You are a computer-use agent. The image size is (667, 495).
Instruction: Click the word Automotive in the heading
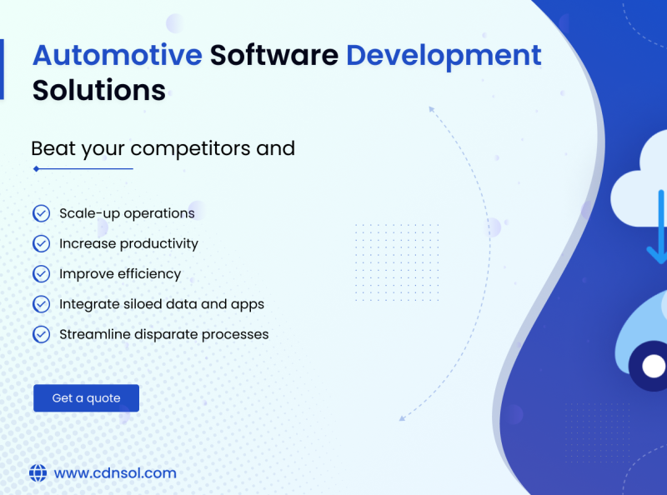click(117, 56)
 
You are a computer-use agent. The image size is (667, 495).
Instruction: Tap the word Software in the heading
click(273, 56)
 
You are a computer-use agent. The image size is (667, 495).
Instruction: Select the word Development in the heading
click(444, 56)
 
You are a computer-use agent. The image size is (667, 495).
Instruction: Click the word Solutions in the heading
click(98, 89)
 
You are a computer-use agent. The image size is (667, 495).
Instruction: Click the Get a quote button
click(86, 398)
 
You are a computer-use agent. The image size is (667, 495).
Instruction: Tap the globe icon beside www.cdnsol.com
click(38, 473)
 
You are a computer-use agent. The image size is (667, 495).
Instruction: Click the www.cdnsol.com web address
click(115, 473)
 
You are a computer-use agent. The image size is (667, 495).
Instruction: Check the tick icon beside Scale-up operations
click(41, 213)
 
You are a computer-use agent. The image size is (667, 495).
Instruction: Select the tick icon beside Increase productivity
click(41, 243)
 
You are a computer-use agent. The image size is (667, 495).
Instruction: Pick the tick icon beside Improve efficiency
click(41, 273)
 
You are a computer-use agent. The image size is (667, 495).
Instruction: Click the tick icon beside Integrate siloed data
click(41, 304)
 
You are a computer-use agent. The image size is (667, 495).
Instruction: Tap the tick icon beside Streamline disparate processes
click(41, 334)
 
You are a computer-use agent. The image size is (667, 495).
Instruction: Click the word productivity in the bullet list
click(158, 244)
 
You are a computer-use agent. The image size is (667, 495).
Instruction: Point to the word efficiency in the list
click(149, 274)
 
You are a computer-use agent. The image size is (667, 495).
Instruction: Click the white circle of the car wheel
click(654, 366)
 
